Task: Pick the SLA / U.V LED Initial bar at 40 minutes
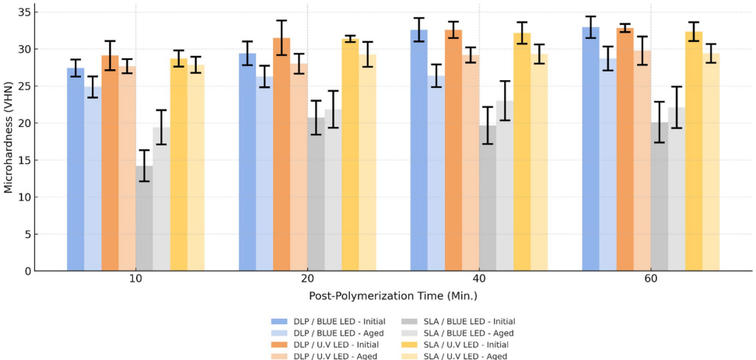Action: point(522,152)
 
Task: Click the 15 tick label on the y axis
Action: point(26,160)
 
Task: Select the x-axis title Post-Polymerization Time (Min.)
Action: point(393,296)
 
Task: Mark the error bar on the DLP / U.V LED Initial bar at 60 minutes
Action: point(625,28)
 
